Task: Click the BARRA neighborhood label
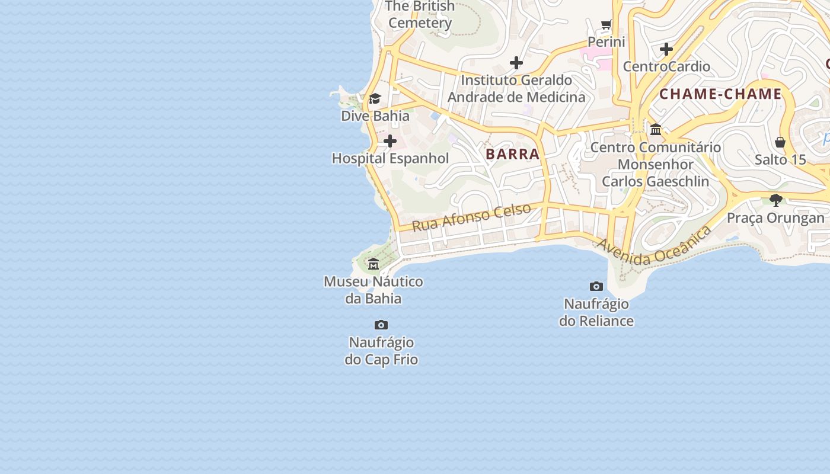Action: tap(513, 154)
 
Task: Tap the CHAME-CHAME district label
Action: tap(720, 94)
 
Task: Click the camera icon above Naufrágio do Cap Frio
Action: tap(381, 325)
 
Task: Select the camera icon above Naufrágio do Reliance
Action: tap(596, 287)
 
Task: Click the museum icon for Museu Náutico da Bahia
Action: tap(373, 264)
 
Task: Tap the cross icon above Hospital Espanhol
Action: tap(390, 141)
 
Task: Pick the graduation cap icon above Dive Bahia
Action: tap(375, 98)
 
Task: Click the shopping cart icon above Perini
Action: tap(606, 25)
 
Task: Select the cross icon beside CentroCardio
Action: tap(666, 49)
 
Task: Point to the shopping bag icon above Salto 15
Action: tap(780, 142)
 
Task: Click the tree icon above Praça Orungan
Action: tap(775, 200)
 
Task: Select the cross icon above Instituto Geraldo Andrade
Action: tap(516, 62)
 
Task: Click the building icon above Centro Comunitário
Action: tap(656, 129)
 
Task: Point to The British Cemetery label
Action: tap(420, 15)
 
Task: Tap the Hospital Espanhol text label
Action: tap(390, 158)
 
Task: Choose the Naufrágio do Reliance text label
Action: tap(596, 312)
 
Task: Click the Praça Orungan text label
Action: tap(775, 217)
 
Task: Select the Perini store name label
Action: tap(606, 41)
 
